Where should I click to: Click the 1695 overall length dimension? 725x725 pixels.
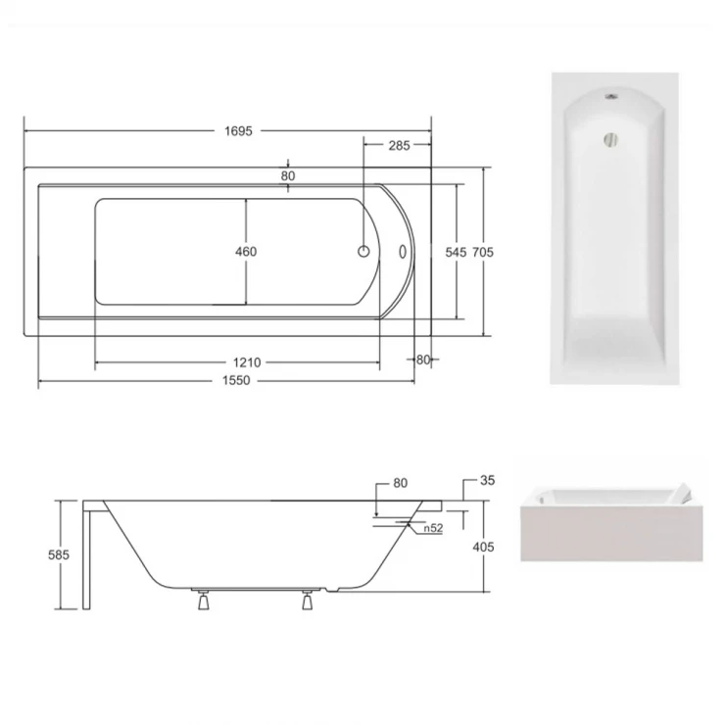click(239, 131)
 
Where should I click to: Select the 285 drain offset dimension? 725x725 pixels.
click(399, 146)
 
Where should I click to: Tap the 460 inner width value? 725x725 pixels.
click(246, 252)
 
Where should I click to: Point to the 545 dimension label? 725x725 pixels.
click(456, 252)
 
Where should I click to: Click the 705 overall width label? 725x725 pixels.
click(483, 252)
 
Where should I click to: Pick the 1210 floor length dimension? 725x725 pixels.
click(247, 362)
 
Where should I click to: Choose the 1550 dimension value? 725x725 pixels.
click(236, 380)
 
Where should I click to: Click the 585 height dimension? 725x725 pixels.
click(59, 555)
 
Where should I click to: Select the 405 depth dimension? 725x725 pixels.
click(484, 547)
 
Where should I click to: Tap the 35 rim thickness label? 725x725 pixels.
click(487, 481)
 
